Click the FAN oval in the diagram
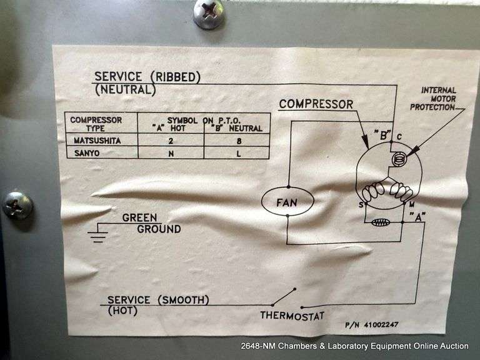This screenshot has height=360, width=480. (x=287, y=202)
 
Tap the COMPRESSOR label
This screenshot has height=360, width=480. (x=316, y=104)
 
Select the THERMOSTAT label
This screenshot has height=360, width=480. (x=292, y=315)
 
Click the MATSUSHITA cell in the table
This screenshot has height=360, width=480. (x=96, y=141)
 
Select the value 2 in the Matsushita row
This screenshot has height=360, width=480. (x=169, y=141)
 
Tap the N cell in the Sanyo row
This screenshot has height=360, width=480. (x=169, y=152)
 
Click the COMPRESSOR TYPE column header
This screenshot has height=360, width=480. (x=96, y=123)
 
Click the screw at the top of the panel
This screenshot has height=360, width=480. (x=208, y=13)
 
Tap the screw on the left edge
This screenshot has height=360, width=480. (x=17, y=205)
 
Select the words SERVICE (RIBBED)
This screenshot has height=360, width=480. (x=147, y=77)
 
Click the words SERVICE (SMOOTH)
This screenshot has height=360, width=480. (x=158, y=300)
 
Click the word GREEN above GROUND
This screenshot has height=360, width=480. (x=139, y=218)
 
